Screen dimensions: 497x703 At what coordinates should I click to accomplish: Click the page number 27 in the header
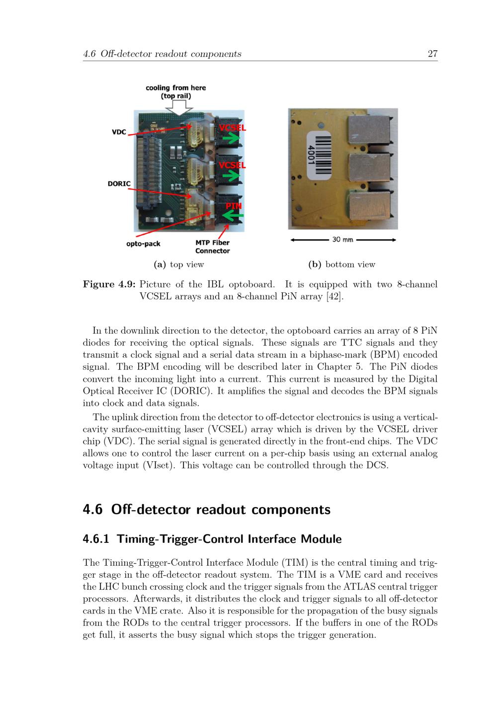(432, 54)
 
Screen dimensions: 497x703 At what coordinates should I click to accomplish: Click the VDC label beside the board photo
(119, 132)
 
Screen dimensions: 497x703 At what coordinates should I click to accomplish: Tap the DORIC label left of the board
(119, 183)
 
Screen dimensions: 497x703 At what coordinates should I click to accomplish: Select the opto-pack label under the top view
(143, 244)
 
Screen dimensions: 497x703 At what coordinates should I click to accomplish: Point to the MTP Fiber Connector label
(212, 247)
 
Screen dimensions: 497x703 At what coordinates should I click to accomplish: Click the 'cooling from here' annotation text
(176, 88)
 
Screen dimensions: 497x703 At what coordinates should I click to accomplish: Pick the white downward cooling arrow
(179, 108)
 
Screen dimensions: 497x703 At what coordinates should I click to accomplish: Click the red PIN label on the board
(234, 206)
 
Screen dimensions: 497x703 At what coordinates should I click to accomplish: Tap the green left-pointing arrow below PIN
(233, 216)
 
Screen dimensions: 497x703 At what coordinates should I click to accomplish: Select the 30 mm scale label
(342, 240)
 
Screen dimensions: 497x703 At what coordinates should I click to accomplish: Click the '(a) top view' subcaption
(178, 264)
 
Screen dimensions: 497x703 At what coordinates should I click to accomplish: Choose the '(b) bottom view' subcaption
(342, 264)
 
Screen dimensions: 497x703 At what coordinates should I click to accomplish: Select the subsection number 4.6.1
(96, 539)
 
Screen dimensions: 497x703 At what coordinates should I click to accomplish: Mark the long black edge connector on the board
(149, 172)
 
